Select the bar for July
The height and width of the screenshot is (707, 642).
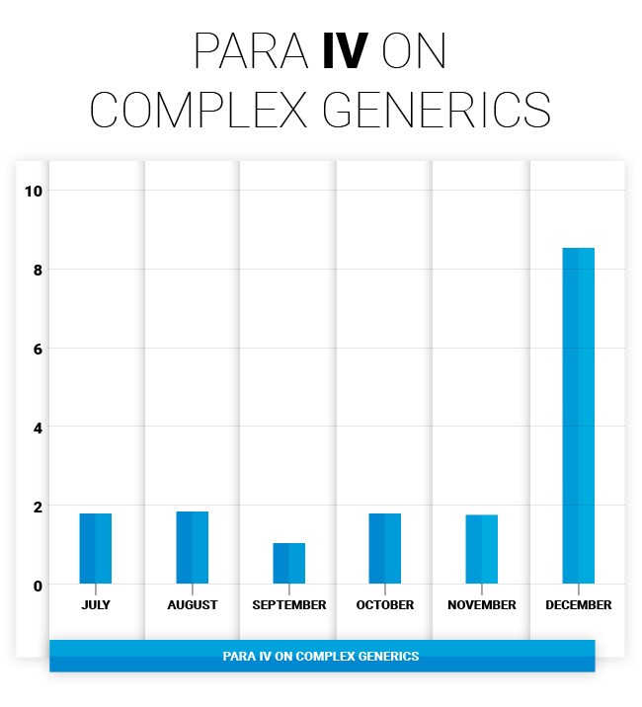(95, 548)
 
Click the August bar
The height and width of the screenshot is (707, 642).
(192, 547)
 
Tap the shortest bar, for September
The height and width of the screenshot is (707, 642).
(288, 563)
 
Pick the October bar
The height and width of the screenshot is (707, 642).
(384, 548)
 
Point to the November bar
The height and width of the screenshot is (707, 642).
(481, 549)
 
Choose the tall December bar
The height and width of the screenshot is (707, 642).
(578, 415)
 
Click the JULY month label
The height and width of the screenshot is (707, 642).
(96, 604)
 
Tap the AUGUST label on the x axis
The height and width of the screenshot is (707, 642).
(192, 604)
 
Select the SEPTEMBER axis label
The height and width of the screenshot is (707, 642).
(288, 604)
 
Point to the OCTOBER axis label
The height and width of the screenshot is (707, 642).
(384, 604)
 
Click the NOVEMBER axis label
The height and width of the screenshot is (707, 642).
(481, 604)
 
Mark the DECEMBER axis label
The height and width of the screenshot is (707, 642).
(578, 604)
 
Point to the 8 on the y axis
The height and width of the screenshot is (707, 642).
(37, 270)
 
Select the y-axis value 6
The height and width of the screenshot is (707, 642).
(37, 349)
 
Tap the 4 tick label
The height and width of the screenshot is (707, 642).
(37, 428)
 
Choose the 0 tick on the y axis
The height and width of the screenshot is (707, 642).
(37, 586)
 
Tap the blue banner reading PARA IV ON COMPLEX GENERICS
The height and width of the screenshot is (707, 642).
(321, 656)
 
